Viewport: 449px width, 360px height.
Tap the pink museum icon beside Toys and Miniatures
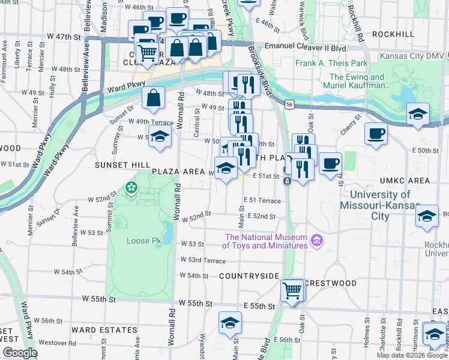coord(317,242)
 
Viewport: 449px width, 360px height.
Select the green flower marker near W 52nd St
coord(131,188)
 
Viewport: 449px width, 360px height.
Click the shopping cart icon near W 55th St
coord(292,290)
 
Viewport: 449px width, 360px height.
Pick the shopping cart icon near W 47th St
coord(147,52)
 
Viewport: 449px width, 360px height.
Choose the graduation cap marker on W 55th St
coord(230,323)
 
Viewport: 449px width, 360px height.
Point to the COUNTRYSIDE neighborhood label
coord(249,275)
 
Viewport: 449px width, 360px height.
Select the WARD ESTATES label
coord(104,330)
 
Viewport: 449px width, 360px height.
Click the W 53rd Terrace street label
coord(203,260)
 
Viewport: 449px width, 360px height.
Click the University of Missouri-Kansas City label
coord(380,205)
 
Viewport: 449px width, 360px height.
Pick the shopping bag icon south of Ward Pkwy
coord(154,98)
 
